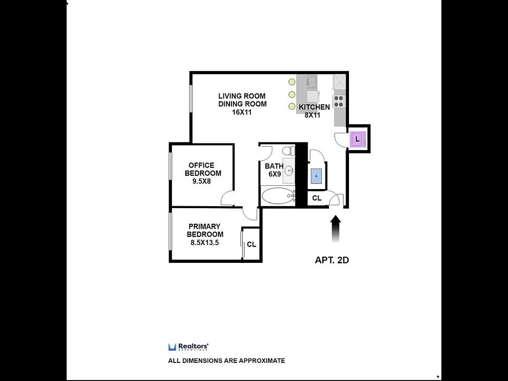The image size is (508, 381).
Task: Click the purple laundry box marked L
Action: click(358, 140)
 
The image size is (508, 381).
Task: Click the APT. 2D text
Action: click(332, 260)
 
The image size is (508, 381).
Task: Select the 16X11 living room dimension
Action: click(242, 112)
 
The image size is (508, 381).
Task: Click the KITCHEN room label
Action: click(314, 107)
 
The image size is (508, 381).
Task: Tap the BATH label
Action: click(274, 166)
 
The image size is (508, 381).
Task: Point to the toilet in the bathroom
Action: click(289, 151)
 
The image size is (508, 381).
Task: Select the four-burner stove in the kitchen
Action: click(339, 101)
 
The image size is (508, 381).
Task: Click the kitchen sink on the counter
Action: click(312, 82)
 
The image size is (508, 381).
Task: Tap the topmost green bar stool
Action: click(291, 82)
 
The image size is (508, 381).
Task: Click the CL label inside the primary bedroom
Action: click(251, 244)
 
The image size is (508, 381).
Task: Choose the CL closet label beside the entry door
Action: click(317, 198)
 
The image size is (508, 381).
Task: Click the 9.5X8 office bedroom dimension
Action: click(201, 181)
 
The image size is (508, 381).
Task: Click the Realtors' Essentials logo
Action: click(189, 347)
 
